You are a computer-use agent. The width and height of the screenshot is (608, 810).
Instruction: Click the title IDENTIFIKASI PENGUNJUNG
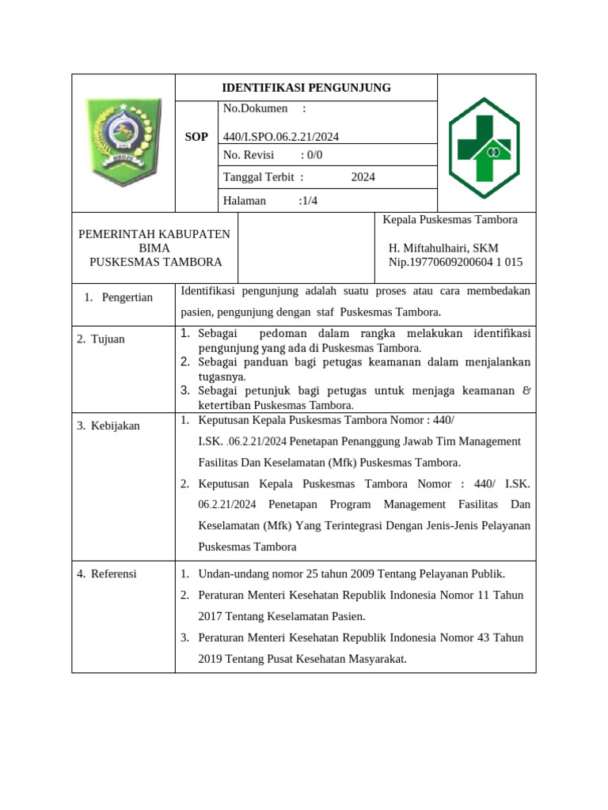(x=306, y=88)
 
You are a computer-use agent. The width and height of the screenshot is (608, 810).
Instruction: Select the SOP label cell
(x=196, y=137)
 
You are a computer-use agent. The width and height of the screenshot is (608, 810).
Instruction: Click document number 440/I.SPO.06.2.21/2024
(x=281, y=137)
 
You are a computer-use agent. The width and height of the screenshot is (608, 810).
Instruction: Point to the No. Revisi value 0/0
(x=313, y=155)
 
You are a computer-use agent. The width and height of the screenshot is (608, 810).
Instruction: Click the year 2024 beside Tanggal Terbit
(x=363, y=177)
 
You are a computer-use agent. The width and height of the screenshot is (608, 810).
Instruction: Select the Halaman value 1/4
(x=308, y=201)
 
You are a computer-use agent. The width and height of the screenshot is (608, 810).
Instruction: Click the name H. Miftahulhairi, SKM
(x=443, y=248)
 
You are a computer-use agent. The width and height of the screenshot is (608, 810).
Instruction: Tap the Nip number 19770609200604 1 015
(x=455, y=263)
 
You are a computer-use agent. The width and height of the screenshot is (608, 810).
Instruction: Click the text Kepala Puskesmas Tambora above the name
(x=450, y=220)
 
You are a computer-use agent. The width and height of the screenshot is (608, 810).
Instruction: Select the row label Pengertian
(x=127, y=297)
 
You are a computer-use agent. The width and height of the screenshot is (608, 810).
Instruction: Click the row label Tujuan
(x=106, y=339)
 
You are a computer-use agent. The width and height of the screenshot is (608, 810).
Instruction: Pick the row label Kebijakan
(x=114, y=426)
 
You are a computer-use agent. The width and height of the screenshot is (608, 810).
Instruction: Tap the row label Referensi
(x=112, y=573)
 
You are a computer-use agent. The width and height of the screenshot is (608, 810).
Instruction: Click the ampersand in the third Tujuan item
(x=527, y=391)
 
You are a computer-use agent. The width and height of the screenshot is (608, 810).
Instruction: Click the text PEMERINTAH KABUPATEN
(x=154, y=234)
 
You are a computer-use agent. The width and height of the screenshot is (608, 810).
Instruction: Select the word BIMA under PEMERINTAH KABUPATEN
(x=154, y=248)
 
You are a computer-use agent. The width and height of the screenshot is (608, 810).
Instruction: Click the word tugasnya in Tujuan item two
(x=222, y=377)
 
